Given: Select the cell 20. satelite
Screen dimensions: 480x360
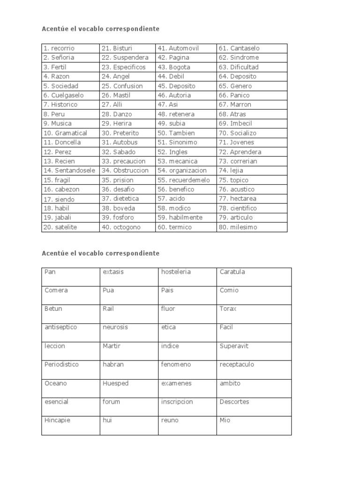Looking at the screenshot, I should (x=60, y=227).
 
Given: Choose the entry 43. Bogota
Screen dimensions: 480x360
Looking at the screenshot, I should (x=173, y=67).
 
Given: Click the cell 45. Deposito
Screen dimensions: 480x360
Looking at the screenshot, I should (x=176, y=86).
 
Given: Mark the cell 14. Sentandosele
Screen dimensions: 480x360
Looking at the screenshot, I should (x=69, y=171).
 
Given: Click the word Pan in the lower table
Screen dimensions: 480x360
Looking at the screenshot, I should (x=50, y=272).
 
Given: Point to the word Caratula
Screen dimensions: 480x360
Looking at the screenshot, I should (x=232, y=272).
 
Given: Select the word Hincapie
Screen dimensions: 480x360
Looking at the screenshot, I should (x=57, y=420).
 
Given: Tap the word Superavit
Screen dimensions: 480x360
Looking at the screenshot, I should (x=234, y=346).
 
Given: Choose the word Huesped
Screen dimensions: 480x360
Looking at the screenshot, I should (x=115, y=383).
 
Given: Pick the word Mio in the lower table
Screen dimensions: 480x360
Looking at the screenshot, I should (x=225, y=420).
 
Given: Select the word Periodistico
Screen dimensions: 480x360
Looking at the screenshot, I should (x=61, y=365).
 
